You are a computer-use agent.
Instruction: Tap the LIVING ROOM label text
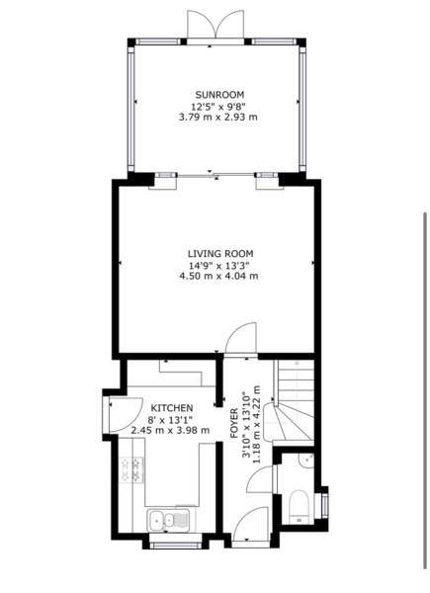217,253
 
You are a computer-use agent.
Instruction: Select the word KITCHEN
174,407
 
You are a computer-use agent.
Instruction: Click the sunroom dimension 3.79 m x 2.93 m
217,117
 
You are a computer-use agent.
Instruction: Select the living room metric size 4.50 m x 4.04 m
217,276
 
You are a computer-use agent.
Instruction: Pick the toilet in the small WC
298,508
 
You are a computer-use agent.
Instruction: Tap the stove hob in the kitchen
131,470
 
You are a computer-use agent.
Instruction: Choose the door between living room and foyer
240,341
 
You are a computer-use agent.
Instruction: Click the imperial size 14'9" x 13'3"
217,265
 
